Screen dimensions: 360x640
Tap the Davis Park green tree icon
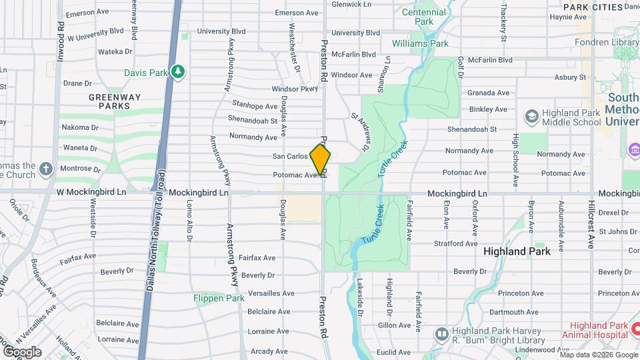[177, 71]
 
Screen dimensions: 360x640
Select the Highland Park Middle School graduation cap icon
[531, 117]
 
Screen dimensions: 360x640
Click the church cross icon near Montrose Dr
[45, 169]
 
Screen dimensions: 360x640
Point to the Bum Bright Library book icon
[441, 333]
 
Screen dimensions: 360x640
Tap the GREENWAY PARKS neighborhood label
[115, 101]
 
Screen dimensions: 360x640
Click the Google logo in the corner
[23, 351]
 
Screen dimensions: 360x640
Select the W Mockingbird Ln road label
[91, 193]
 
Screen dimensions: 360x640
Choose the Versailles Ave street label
[271, 293]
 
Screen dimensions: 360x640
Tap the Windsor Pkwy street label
[295, 89]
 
